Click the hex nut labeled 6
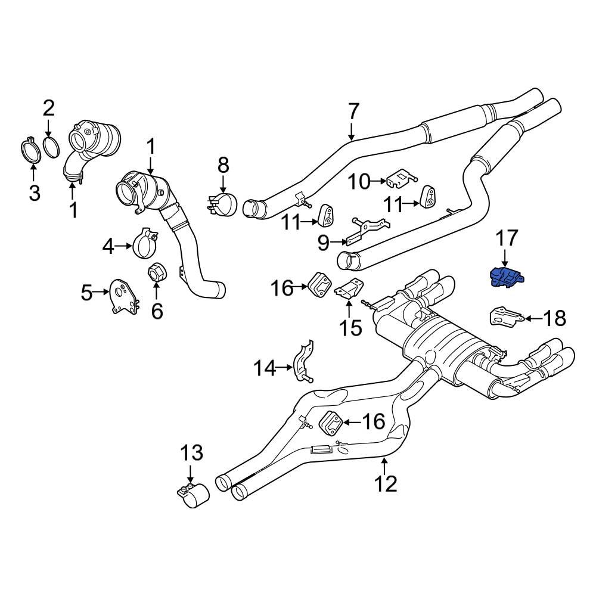[x=157, y=274]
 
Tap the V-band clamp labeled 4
[x=144, y=244]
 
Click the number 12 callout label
[x=386, y=483]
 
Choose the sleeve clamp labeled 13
[x=194, y=496]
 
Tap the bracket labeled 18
[x=504, y=316]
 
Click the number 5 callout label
[x=88, y=292]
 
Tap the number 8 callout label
[x=223, y=164]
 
